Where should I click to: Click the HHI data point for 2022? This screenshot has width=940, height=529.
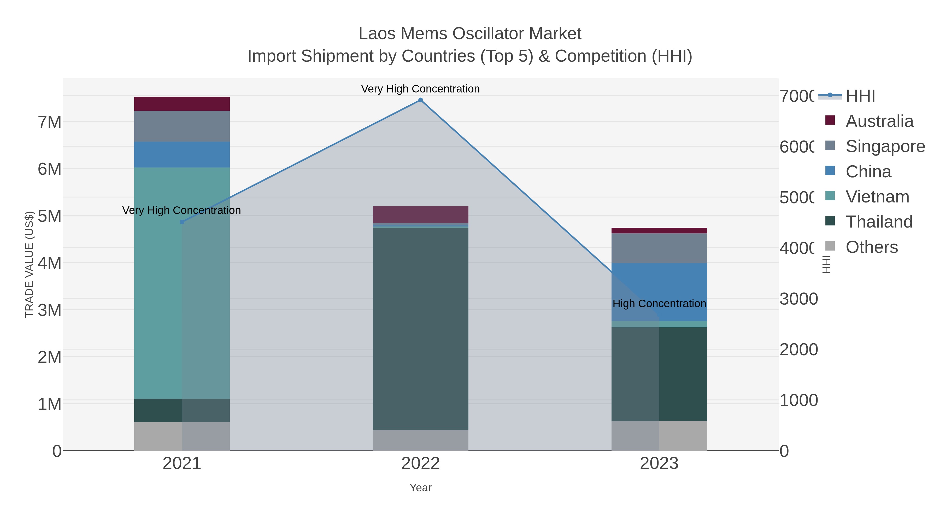[420, 100]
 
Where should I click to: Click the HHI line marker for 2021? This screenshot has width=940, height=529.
[182, 222]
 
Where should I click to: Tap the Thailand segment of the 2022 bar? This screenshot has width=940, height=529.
[420, 329]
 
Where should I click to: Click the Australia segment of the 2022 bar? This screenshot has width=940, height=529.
[420, 215]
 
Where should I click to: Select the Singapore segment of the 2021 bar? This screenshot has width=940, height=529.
[182, 126]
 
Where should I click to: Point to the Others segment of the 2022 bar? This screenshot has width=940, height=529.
[420, 440]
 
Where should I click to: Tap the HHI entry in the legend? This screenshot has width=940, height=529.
[860, 96]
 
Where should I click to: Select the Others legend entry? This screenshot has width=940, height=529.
[871, 247]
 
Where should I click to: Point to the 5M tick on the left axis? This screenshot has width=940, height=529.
[50, 216]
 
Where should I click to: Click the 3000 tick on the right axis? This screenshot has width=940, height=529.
[798, 299]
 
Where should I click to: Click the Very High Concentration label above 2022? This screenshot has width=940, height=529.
[420, 89]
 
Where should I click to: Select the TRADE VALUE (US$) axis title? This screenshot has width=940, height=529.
[29, 264]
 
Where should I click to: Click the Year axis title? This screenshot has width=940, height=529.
[420, 488]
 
